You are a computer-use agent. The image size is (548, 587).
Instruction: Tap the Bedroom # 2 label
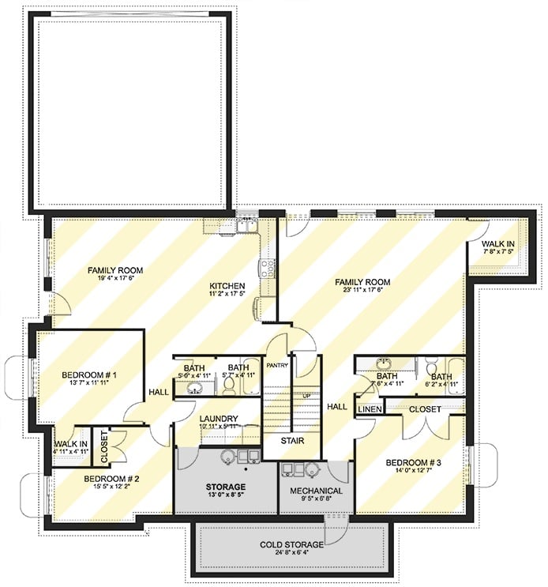(111, 480)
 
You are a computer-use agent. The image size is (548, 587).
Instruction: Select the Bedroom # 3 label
(414, 462)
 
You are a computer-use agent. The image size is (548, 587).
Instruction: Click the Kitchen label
(227, 286)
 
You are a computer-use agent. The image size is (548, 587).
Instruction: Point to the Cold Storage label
(292, 545)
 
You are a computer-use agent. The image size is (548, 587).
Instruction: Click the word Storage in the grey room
(227, 487)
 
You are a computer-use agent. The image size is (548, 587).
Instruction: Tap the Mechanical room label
(315, 491)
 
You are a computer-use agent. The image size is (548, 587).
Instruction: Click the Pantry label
(276, 365)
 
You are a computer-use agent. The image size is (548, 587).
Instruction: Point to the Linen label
(370, 409)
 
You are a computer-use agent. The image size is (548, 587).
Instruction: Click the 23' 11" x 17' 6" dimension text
(362, 292)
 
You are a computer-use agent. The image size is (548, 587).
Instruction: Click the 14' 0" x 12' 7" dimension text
(414, 473)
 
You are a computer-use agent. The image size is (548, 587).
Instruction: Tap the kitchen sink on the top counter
(248, 227)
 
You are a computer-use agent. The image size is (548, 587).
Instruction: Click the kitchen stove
(268, 267)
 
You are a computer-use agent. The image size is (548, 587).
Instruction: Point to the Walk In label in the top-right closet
(499, 244)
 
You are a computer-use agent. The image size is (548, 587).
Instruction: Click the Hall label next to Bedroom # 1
(158, 391)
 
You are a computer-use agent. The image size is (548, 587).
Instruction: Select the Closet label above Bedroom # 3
(425, 409)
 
